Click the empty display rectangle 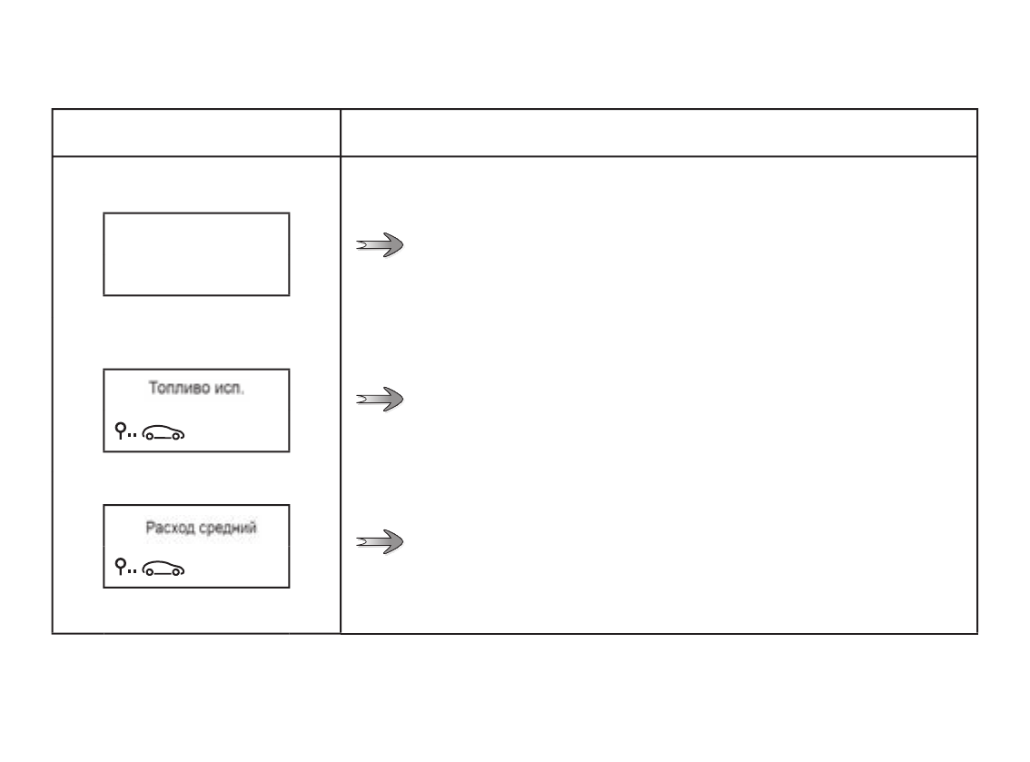point(196,254)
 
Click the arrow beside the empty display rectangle point(380,245)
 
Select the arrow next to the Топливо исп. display point(380,400)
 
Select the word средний point(228,527)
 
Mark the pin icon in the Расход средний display point(120,568)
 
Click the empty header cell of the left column point(196,133)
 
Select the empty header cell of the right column point(659,133)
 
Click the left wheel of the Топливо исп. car point(150,437)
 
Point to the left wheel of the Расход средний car point(150,572)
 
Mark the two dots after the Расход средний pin point(133,572)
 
